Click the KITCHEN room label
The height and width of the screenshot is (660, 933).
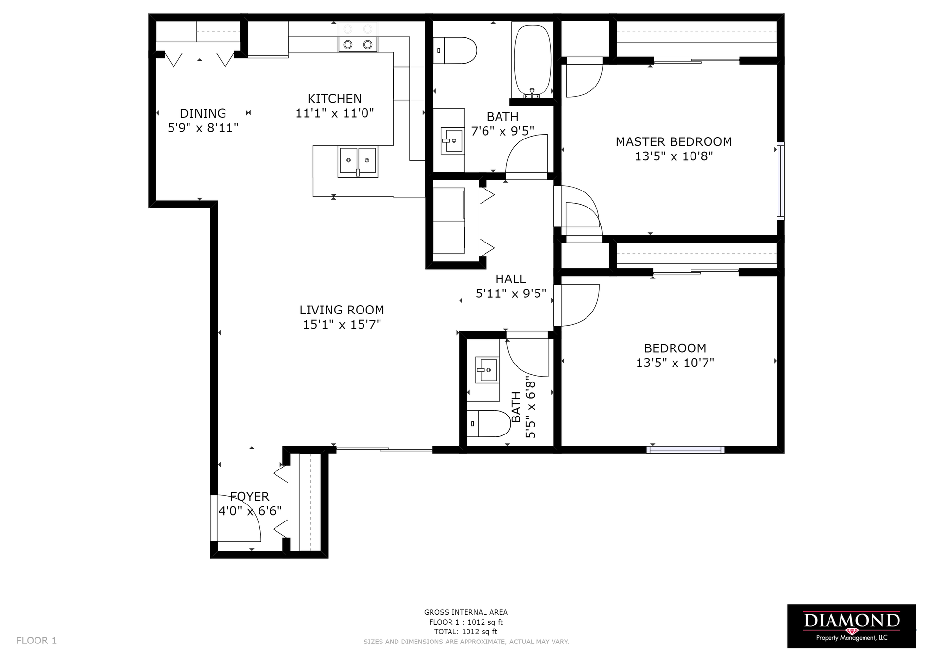click(334, 99)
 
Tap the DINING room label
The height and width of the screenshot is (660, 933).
click(203, 113)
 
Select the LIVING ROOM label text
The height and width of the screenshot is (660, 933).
click(342, 310)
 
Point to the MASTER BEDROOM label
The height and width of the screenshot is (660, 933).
click(674, 142)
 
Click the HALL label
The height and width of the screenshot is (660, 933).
click(510, 279)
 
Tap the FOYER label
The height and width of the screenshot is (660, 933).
click(249, 496)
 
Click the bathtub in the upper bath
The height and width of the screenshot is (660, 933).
click(533, 61)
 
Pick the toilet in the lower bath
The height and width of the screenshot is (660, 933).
click(488, 424)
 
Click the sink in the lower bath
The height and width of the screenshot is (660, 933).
click(487, 371)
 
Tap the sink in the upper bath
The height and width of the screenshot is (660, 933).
click(452, 140)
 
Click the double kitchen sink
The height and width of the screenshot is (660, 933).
click(358, 162)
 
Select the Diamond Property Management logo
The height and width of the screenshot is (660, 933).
click(851, 626)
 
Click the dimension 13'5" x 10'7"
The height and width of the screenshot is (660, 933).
click(675, 363)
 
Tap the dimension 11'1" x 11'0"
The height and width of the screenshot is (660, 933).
click(334, 114)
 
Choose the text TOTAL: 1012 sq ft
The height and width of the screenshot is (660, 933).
click(466, 632)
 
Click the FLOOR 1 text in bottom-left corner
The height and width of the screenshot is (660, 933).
click(36, 641)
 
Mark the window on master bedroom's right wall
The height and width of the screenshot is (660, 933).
click(780, 180)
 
